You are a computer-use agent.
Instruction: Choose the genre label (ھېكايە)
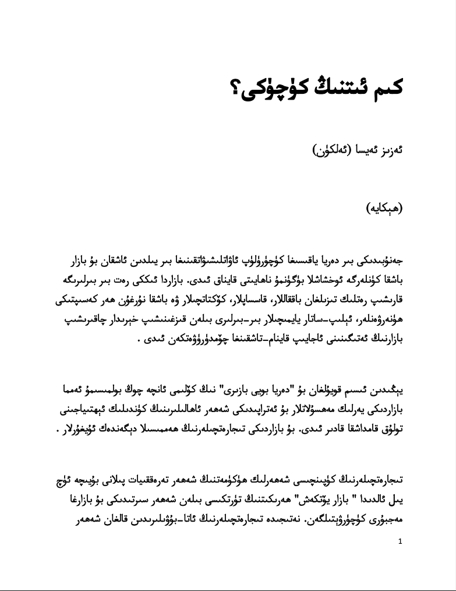click(384, 209)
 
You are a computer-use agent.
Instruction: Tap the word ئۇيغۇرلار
click(82, 430)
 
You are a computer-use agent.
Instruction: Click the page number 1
click(400, 541)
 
